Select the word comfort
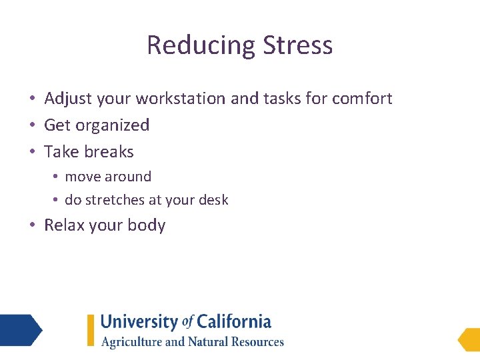click(362, 99)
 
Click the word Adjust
click(68, 99)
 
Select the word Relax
click(64, 225)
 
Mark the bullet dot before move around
click(57, 177)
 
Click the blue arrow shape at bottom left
click(20, 330)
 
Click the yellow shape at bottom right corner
click(469, 339)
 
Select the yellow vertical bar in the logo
click(91, 330)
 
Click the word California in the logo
click(233, 322)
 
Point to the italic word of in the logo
click(187, 322)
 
